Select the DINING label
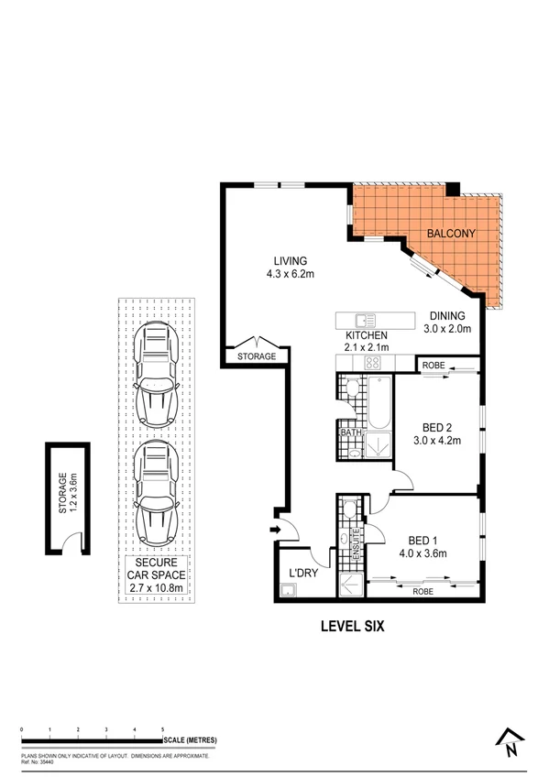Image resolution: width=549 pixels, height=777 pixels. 446,314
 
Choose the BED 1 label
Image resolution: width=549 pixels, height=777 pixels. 412,540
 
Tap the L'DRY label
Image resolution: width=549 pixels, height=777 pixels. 302,574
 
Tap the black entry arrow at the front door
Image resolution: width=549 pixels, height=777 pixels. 274,529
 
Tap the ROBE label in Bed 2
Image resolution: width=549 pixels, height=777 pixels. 434,366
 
